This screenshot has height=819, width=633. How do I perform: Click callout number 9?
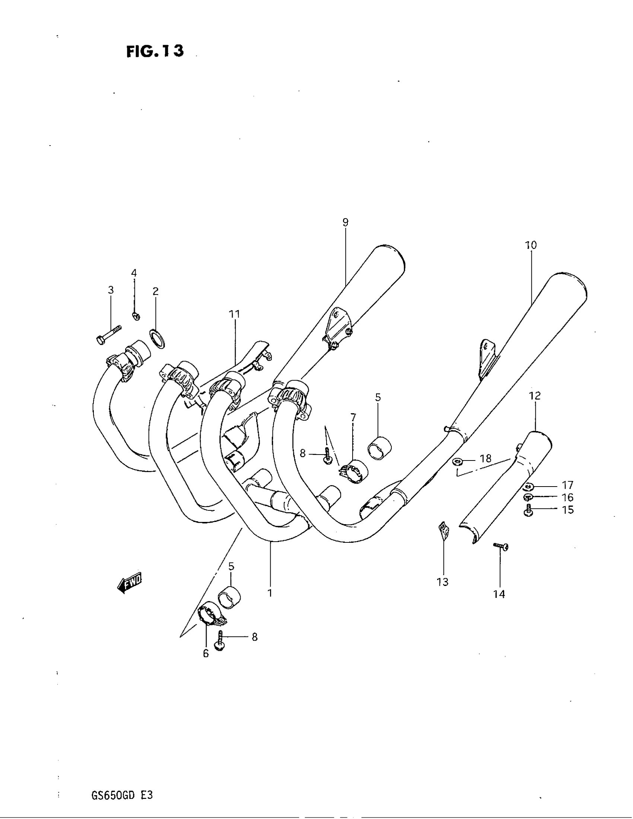coord(345,222)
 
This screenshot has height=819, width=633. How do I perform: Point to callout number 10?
coord(531,245)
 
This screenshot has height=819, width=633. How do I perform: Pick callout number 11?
coord(234,314)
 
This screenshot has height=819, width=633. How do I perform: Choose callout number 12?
coord(535,396)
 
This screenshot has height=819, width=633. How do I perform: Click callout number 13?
coord(442,582)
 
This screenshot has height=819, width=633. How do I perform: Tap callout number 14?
coord(499,595)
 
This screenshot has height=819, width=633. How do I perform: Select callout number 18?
coord(486,459)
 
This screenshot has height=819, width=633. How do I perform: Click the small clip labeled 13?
coord(443,532)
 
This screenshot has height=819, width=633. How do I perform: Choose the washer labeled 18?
coord(457,461)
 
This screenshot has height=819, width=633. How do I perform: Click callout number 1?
coord(269,593)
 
